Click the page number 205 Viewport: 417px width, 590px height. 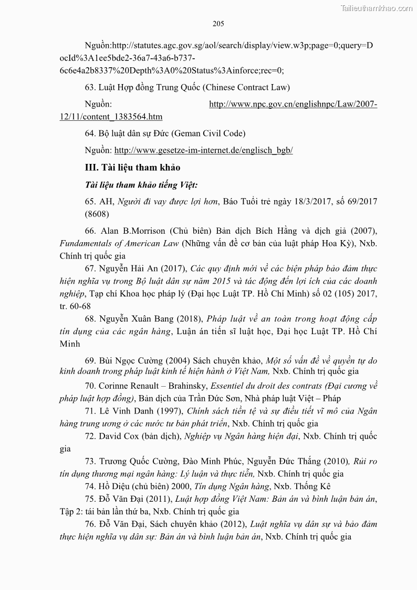[x=218, y=23]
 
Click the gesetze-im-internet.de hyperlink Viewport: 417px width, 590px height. [x=203, y=150]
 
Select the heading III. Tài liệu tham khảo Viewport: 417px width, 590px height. [x=132, y=168]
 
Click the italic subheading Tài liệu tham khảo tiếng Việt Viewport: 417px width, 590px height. [x=141, y=184]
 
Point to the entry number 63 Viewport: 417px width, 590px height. [x=90, y=87]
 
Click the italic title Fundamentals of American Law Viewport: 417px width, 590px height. [x=119, y=244]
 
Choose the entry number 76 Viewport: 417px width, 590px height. [x=90, y=524]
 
